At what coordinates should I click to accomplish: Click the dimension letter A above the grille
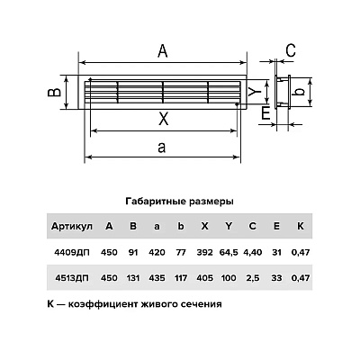pos(163,50)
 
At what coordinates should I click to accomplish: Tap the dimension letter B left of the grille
pos(55,93)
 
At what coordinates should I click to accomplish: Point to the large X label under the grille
pos(164,120)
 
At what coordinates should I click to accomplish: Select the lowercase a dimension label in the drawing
pos(162,148)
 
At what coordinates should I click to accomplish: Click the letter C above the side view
pos(291,50)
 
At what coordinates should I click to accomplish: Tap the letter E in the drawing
pos(265,113)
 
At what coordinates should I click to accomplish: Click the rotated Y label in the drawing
pos(256,91)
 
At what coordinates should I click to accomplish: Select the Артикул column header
pos(71,226)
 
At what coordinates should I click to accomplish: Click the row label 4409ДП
pos(72,252)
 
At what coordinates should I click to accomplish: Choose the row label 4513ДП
pos(72,278)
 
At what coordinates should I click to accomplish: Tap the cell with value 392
pos(204,252)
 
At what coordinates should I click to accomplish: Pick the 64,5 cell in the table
pos(229,253)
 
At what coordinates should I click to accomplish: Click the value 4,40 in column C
pos(252,253)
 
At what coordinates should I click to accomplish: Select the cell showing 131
pos(133,278)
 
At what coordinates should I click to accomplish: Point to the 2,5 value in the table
pos(253,278)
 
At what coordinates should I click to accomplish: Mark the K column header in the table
pos(301,226)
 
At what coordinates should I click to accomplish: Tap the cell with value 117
pos(181,278)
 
